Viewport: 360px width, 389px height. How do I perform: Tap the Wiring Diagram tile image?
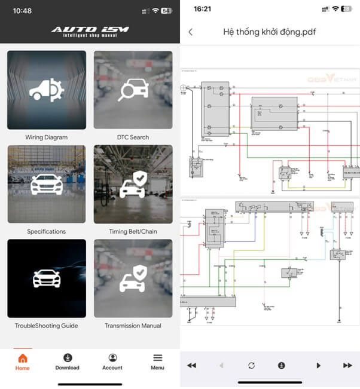tap(47, 90)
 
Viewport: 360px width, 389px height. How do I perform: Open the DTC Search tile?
tap(133, 90)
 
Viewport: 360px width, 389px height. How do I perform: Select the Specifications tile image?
tap(47, 185)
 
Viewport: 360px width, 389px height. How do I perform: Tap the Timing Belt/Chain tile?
tap(133, 185)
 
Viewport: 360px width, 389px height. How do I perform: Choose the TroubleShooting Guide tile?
tap(47, 278)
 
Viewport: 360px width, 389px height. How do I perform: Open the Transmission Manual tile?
tap(133, 278)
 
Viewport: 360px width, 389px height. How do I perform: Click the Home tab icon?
tap(23, 358)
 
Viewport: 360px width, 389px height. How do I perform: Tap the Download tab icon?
tap(67, 358)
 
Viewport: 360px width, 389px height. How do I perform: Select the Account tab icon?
tap(112, 358)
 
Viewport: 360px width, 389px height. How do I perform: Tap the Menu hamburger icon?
tap(157, 358)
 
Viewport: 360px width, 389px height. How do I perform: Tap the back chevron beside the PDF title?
tap(190, 32)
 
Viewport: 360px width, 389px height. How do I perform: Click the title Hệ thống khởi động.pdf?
tap(269, 32)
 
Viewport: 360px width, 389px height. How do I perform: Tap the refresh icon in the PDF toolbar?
tap(252, 365)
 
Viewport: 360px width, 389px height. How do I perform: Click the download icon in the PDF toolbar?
tap(281, 365)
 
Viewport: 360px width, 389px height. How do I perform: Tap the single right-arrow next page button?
tap(318, 365)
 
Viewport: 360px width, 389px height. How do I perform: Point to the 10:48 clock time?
tap(23, 11)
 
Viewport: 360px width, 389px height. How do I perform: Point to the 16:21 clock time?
tap(205, 9)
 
